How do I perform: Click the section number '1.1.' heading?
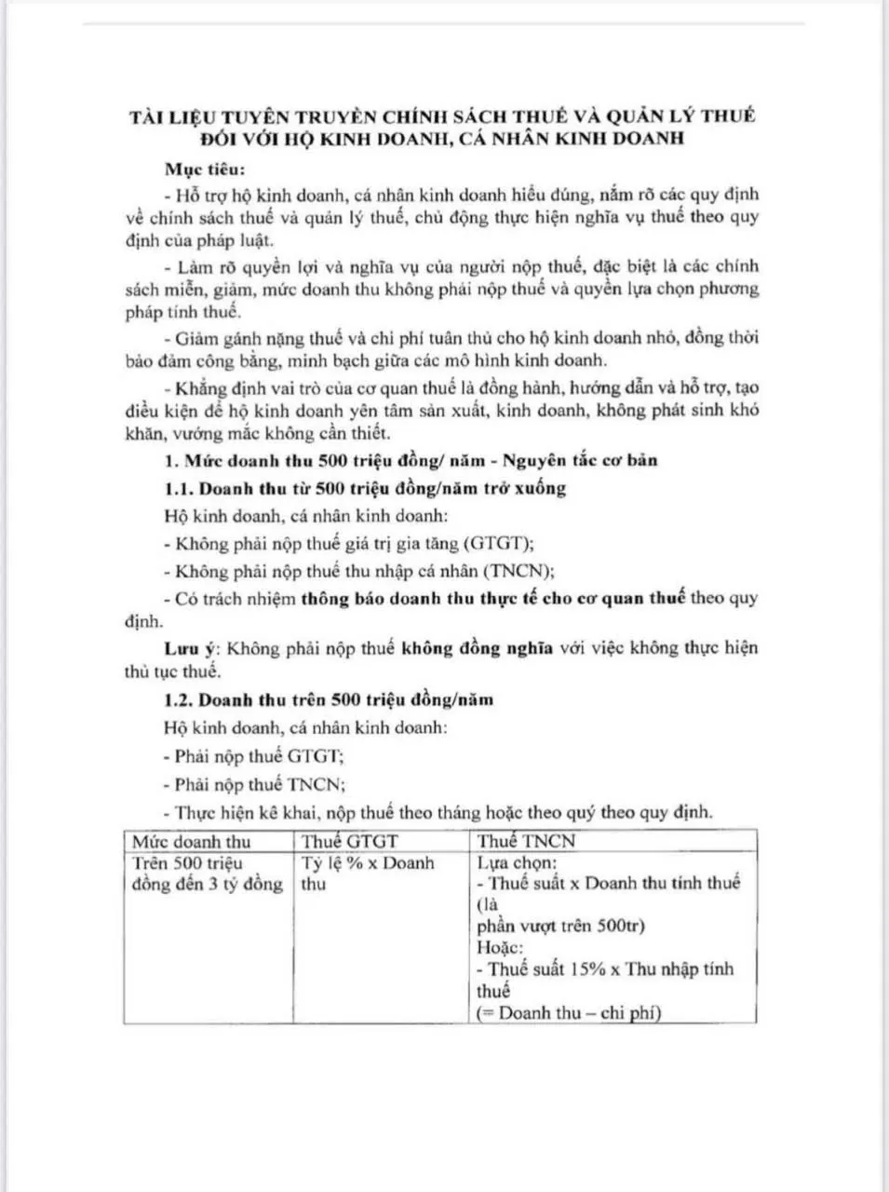pyautogui.click(x=180, y=487)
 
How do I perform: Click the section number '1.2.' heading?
pyautogui.click(x=179, y=698)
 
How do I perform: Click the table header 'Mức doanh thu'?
pyautogui.click(x=191, y=841)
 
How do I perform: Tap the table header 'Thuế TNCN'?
pyautogui.click(x=526, y=841)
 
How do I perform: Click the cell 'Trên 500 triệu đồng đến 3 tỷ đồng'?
pyautogui.click(x=207, y=874)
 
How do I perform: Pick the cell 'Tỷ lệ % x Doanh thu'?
pyautogui.click(x=367, y=874)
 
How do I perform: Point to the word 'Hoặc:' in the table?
pyautogui.click(x=500, y=947)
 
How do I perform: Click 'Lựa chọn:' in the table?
pyautogui.click(x=517, y=862)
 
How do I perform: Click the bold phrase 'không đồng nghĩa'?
pyautogui.click(x=477, y=648)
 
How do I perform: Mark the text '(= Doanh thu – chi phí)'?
pyautogui.click(x=569, y=1012)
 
